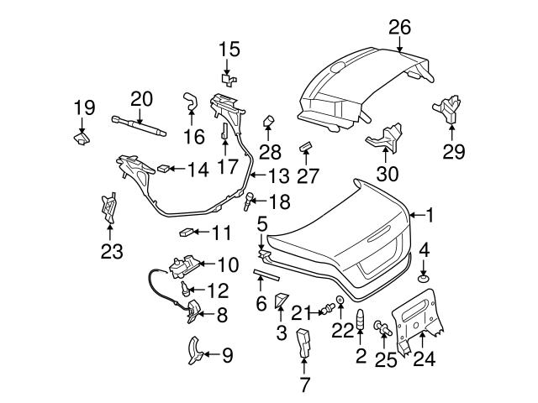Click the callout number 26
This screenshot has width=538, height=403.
pyautogui.click(x=399, y=27)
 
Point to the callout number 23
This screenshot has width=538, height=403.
pyautogui.click(x=111, y=250)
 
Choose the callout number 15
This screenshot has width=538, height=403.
pyautogui.click(x=229, y=50)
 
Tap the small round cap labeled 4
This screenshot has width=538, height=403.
pyautogui.click(x=425, y=277)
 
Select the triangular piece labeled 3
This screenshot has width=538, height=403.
pyautogui.click(x=282, y=299)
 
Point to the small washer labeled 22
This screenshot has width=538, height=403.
pyautogui.click(x=340, y=300)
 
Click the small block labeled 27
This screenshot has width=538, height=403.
pyautogui.click(x=306, y=147)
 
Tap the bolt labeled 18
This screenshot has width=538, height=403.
pyautogui.click(x=250, y=201)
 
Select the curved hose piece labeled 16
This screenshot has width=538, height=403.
pyautogui.click(x=188, y=103)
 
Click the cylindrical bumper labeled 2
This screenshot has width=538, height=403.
pyautogui.click(x=361, y=322)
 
